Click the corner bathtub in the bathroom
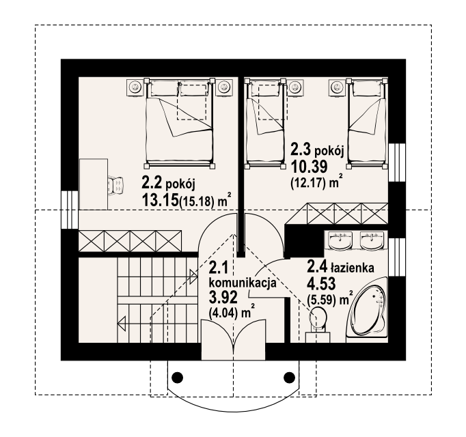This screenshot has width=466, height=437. tap(368, 310)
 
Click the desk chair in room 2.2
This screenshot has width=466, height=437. tap(115, 185)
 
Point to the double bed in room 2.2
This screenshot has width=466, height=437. tap(180, 124)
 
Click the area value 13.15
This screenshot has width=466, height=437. tap(160, 200)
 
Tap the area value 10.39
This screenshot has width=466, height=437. tap(309, 167)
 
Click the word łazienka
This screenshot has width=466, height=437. tap(353, 268)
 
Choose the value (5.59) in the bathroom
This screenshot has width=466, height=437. tap(322, 301)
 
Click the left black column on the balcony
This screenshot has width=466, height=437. tap(178, 377)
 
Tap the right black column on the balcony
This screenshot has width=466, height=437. tap(289, 377)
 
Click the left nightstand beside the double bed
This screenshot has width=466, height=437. tap(135, 87)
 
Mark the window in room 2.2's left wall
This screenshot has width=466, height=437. tap(70, 210)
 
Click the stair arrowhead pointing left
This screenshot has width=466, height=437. tap(122, 322)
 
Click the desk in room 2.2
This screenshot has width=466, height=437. tap(94, 184)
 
